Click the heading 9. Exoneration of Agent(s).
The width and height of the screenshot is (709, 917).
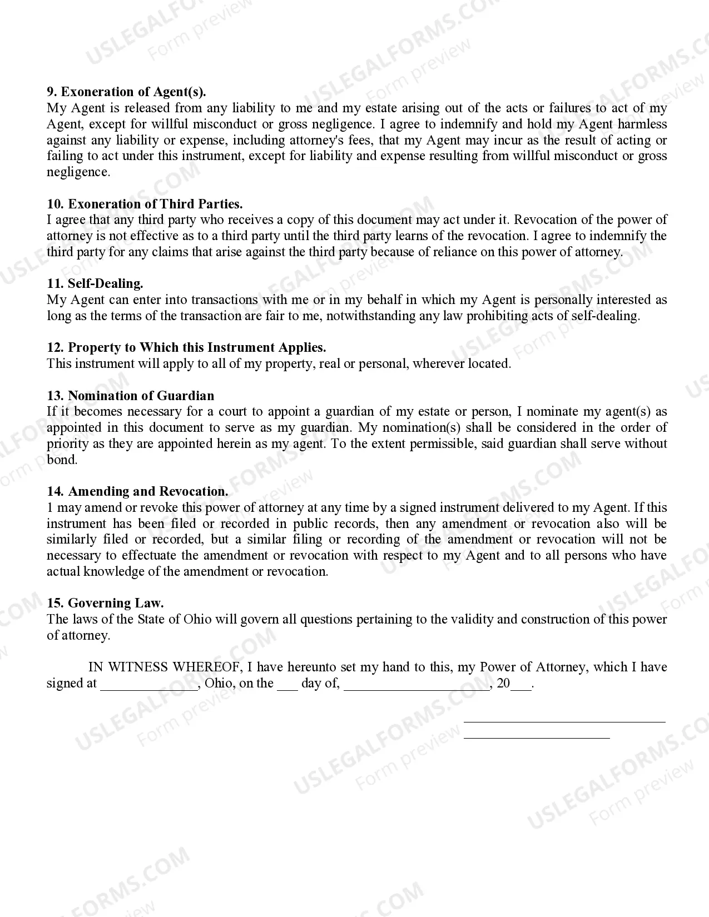click(x=126, y=92)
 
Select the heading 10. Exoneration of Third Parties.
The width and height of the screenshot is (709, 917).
click(x=145, y=204)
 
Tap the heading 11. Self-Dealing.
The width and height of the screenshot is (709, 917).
click(x=95, y=283)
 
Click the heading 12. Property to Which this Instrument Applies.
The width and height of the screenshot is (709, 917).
click(x=186, y=348)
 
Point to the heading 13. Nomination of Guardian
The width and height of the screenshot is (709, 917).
click(x=130, y=396)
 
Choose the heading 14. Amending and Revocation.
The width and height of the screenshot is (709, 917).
click(x=137, y=491)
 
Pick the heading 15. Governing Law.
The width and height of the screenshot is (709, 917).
click(x=105, y=603)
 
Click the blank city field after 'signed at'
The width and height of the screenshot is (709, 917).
click(x=149, y=685)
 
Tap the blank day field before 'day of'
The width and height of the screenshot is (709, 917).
click(x=287, y=685)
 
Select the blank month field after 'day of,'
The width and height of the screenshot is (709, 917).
click(x=417, y=685)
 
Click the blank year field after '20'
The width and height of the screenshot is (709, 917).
click(x=520, y=685)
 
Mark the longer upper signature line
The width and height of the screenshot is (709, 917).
click(x=564, y=722)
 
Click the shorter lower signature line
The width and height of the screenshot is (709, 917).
click(x=537, y=738)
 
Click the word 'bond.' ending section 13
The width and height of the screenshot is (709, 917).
click(x=62, y=460)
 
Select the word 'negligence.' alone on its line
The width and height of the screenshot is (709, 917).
click(x=78, y=172)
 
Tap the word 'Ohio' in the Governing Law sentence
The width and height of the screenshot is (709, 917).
click(x=197, y=619)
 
